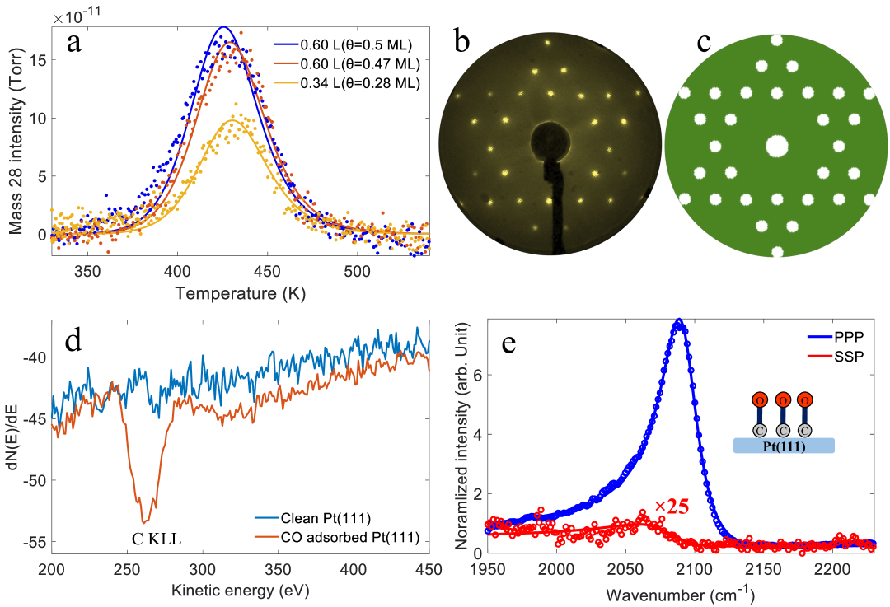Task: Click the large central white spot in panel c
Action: tap(776, 146)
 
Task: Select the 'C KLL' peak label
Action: tap(156, 539)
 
